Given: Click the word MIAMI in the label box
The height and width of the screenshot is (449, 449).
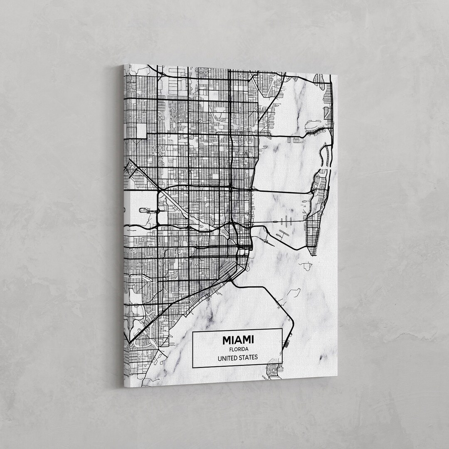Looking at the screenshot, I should (237, 340).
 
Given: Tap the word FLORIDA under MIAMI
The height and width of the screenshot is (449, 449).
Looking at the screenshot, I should (237, 349).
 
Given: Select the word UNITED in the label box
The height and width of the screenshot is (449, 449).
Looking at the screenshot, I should (227, 358).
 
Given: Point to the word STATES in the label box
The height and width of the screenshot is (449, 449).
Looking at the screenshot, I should (249, 357).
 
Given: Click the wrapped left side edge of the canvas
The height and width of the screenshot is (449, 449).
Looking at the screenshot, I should (124, 224).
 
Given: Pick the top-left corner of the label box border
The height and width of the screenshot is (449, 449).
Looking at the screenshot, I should (192, 328).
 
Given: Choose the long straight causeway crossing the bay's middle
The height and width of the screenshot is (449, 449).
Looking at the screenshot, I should (283, 192).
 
